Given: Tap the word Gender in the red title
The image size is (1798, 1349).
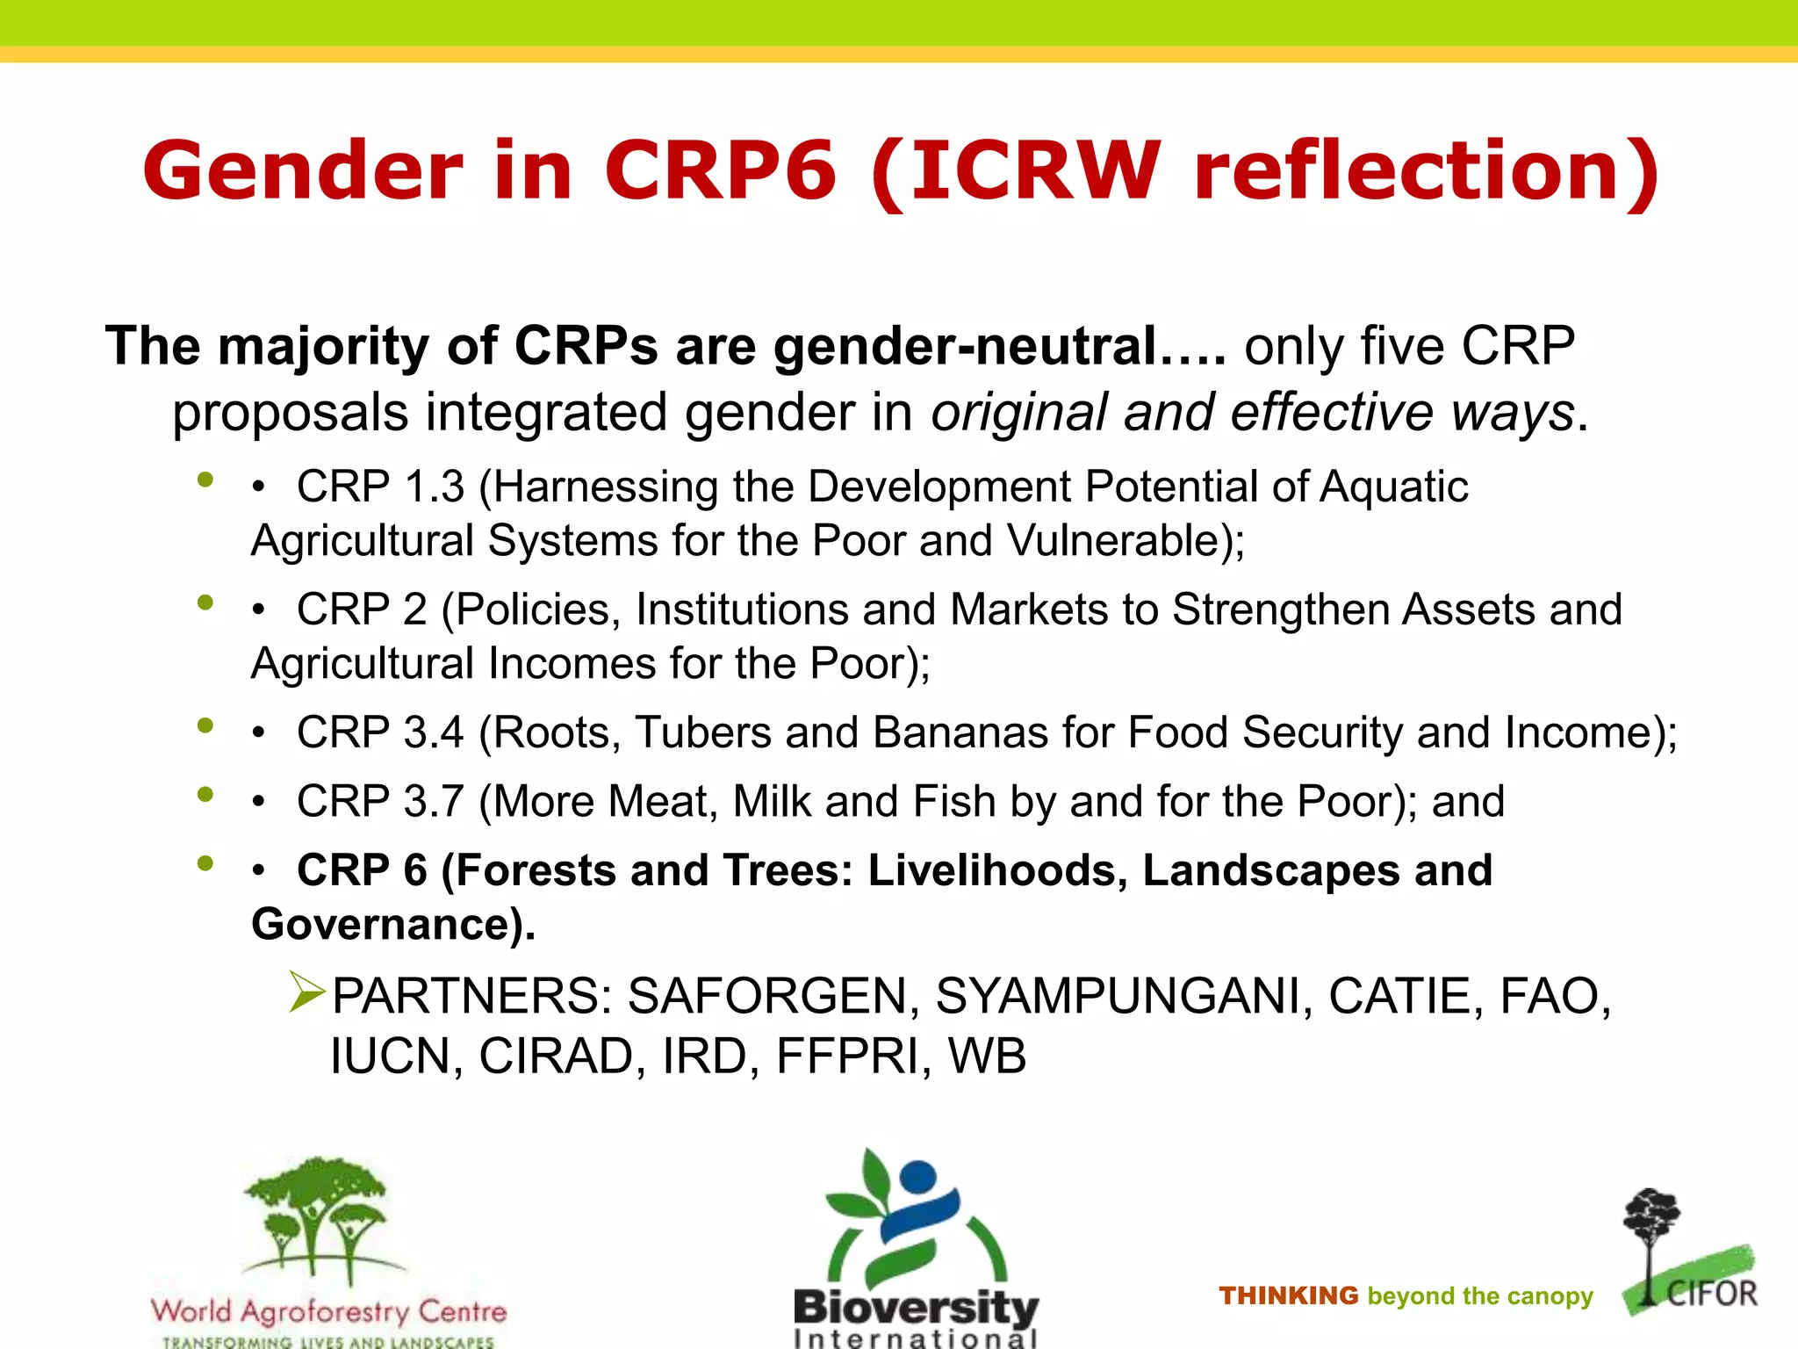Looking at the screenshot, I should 303,170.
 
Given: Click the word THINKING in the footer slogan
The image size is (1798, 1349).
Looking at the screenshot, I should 1288,1296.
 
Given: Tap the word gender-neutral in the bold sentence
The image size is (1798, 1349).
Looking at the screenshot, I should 966,346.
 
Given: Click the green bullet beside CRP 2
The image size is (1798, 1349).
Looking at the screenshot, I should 205,602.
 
